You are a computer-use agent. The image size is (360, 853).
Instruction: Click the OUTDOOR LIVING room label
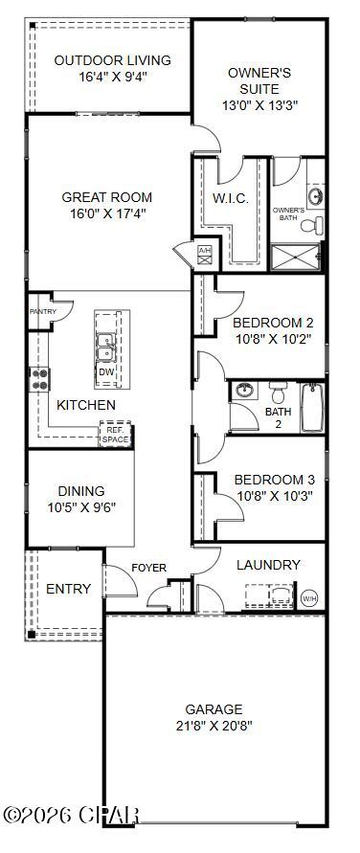(x=113, y=60)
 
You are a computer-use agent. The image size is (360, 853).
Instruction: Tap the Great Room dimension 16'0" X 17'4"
(x=103, y=213)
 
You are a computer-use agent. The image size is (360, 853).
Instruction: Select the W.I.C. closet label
(x=232, y=198)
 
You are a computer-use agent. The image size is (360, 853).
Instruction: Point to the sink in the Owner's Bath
(x=314, y=198)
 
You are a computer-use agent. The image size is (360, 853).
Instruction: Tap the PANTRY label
(x=42, y=311)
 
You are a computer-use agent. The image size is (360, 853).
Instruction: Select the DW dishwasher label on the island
(x=107, y=372)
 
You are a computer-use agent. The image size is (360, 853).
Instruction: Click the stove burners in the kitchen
(x=41, y=379)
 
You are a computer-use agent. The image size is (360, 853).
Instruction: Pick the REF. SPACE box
(x=115, y=435)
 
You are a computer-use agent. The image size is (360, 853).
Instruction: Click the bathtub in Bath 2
(x=313, y=408)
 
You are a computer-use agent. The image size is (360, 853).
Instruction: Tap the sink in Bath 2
(x=245, y=391)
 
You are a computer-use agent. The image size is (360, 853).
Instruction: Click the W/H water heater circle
(x=309, y=598)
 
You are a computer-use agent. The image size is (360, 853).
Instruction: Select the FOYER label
(x=148, y=568)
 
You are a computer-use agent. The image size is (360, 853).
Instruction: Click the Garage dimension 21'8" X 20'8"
(x=214, y=725)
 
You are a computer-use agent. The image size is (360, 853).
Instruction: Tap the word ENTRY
(x=69, y=589)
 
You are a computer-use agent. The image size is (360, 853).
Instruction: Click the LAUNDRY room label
(x=268, y=565)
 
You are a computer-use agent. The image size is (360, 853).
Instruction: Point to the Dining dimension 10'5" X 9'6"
(x=81, y=507)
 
